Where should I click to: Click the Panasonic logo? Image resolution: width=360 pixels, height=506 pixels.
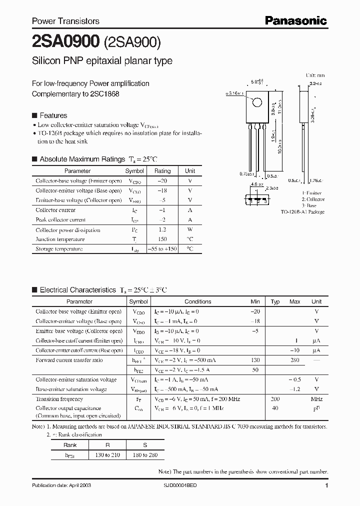(295, 20)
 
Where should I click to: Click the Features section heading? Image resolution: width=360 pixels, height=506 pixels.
(53, 115)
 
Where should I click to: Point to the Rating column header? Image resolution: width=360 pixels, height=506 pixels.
(162, 171)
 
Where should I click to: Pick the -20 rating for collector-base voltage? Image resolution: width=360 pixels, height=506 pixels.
(162, 181)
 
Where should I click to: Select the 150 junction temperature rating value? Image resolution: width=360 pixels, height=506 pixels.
(162, 239)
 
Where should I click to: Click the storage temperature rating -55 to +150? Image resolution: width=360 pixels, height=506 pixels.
(162, 249)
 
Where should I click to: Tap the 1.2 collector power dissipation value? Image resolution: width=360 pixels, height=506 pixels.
(162, 230)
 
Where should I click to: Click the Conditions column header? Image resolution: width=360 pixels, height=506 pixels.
(198, 301)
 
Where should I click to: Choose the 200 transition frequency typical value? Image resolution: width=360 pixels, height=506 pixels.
(275, 399)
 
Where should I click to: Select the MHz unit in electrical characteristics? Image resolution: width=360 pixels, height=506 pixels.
(316, 399)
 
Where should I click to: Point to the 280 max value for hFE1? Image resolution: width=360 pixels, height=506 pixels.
(295, 360)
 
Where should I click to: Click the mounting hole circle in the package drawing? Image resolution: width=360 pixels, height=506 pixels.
(257, 103)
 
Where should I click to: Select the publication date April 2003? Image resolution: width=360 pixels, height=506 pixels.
(61, 486)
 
